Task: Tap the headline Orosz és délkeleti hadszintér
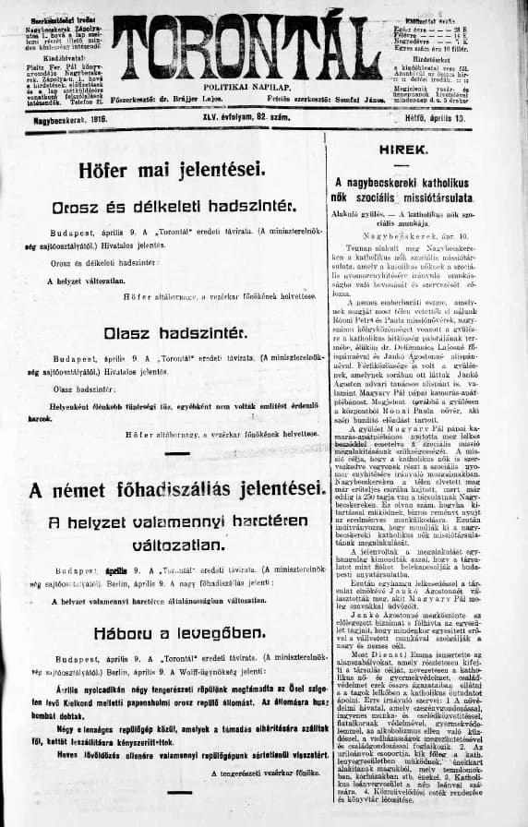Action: pos(173,204)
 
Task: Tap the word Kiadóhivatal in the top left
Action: pos(58,54)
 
